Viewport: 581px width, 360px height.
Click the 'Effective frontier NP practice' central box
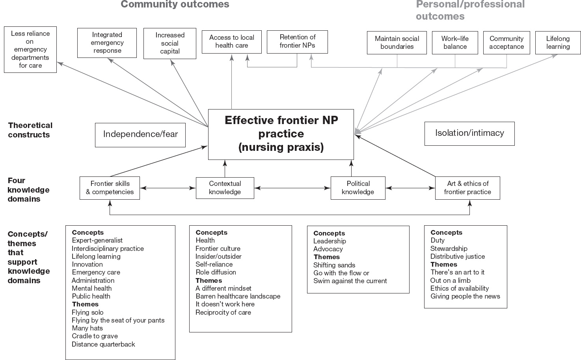[x=281, y=134]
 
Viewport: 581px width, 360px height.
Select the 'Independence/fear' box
[x=140, y=135]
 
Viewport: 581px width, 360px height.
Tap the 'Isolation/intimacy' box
[x=469, y=134]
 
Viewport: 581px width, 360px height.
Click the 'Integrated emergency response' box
[x=107, y=43]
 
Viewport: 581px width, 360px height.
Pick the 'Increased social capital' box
[x=170, y=43]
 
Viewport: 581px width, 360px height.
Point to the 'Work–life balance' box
[x=455, y=43]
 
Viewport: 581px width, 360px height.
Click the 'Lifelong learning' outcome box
[x=558, y=43]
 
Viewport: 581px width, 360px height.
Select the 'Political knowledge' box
[x=358, y=188]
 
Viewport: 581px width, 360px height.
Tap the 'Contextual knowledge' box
[x=225, y=188]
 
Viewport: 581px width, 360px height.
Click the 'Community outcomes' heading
[x=175, y=5]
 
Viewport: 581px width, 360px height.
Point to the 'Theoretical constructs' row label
[x=30, y=130]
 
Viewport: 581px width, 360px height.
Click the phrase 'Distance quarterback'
[x=103, y=344]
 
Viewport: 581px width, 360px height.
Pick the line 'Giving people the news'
[x=465, y=296]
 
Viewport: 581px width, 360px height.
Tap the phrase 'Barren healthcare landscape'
[x=238, y=296]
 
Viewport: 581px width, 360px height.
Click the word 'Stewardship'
[x=449, y=249]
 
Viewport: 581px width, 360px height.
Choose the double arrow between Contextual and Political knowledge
[x=292, y=188]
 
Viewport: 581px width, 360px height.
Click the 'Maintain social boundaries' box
[x=397, y=43]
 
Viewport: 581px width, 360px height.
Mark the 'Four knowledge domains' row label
[x=28, y=190]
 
